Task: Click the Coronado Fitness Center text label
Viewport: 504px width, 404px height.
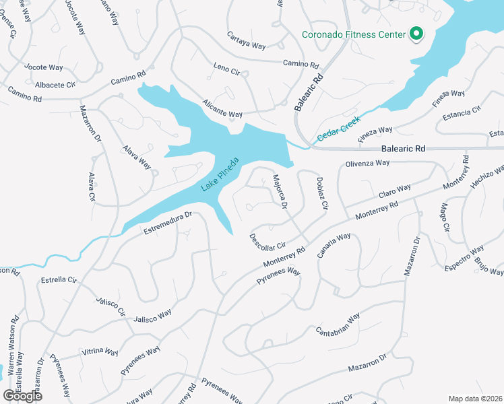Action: [x=353, y=34]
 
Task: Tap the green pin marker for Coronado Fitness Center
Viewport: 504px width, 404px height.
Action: [x=416, y=33]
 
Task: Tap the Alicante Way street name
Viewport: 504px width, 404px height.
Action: [x=222, y=109]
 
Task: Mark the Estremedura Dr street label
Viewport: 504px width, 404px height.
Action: [x=168, y=224]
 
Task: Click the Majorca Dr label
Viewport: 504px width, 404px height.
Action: [x=280, y=192]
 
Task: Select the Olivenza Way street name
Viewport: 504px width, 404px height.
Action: [x=367, y=164]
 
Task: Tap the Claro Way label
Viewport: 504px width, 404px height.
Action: [x=395, y=192]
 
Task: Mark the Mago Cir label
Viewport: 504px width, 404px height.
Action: [x=443, y=217]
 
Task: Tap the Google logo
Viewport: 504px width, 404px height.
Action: [x=22, y=395]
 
